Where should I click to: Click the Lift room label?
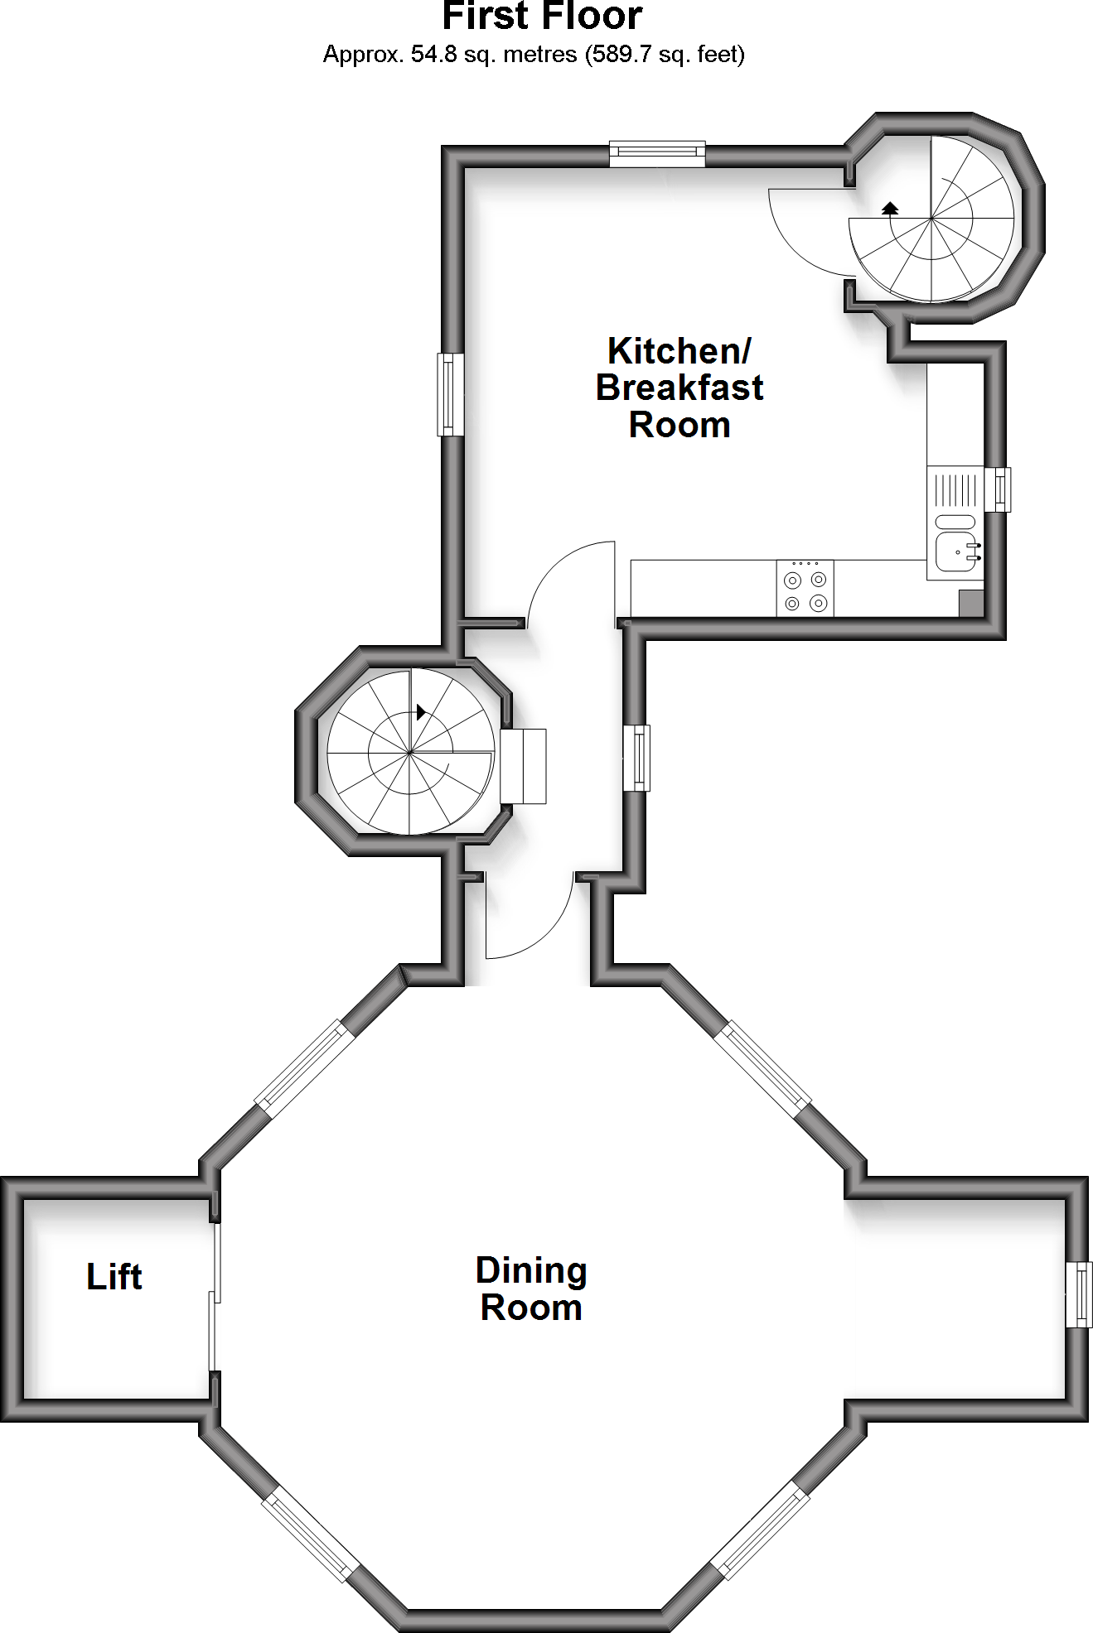tap(114, 1276)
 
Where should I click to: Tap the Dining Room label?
tap(531, 1289)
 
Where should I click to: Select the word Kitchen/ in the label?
tap(679, 350)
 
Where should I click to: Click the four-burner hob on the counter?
tap(805, 589)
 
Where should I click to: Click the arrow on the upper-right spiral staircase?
tap(891, 207)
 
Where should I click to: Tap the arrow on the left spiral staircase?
tap(422, 711)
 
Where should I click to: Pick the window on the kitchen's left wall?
tap(450, 394)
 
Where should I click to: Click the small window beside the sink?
tap(999, 489)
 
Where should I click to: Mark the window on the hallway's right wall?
tap(636, 758)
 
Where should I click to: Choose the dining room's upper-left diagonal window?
tap(302, 1065)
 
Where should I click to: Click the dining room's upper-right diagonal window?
tap(762, 1065)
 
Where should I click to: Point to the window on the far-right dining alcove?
tap(1078, 1294)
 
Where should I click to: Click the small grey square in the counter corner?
tap(970, 603)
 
